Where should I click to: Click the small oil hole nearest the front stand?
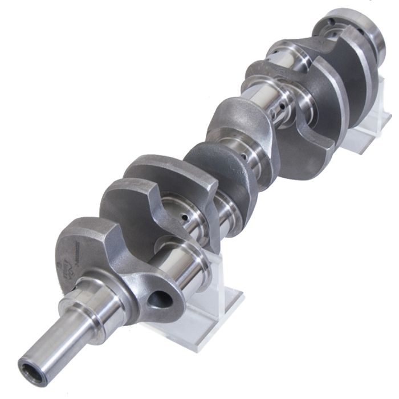click(184, 217)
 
